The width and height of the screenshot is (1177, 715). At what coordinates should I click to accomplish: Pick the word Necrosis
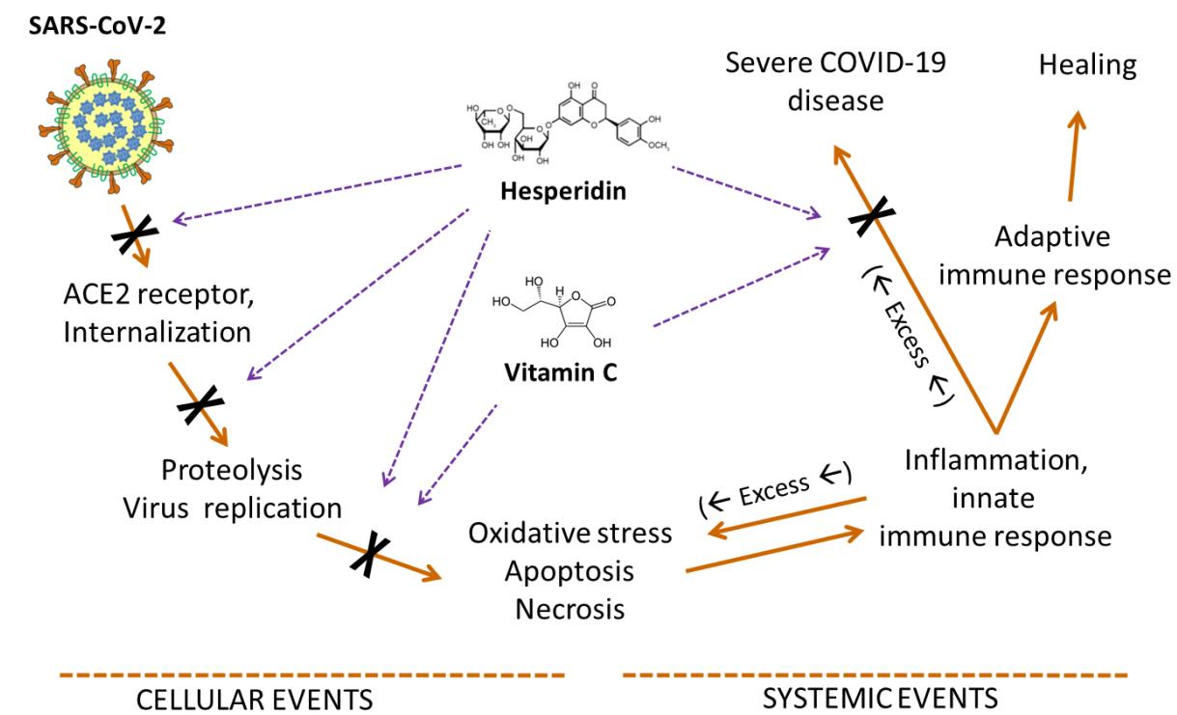pyautogui.click(x=570, y=609)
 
